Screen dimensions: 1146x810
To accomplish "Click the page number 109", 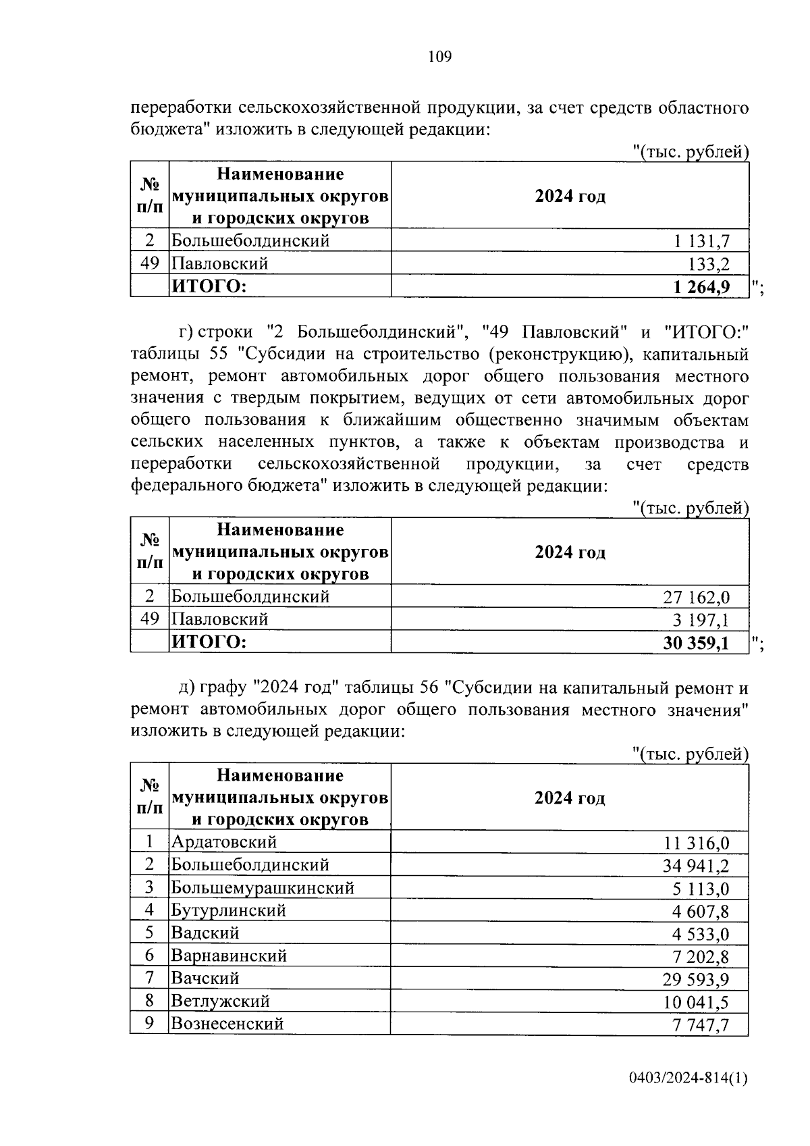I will point(439,57).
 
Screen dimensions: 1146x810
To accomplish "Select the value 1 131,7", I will point(701,241).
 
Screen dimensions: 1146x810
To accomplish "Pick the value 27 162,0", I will point(697,597).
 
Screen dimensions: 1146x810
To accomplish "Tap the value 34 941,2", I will point(697,866).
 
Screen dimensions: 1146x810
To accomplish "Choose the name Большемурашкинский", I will point(263,887).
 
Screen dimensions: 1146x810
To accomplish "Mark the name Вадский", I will point(205,933).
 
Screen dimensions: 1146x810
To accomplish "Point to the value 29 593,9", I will point(697,979).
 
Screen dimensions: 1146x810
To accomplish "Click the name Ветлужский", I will point(220,1001).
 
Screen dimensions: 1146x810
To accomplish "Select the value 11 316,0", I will point(697,843).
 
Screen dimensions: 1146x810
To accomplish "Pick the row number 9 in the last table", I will point(150,1023).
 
